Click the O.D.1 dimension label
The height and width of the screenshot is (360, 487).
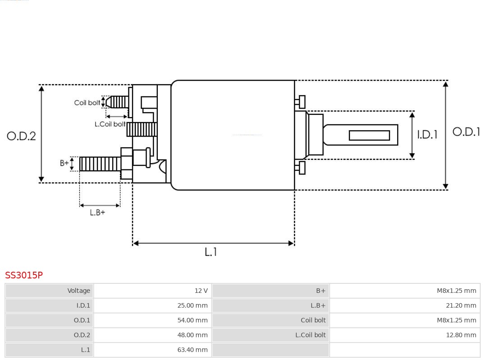tap(466, 132)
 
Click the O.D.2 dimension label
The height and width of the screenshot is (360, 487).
tap(21, 136)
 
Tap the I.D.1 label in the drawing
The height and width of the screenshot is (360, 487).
tap(427, 134)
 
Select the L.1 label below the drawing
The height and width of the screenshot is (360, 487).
tap(211, 252)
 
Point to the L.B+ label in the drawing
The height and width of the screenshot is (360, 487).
tap(97, 212)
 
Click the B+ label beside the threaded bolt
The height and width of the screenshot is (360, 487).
tap(64, 163)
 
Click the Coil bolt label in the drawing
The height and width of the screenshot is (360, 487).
tap(87, 103)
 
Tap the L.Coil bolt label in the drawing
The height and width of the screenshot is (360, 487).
tap(110, 124)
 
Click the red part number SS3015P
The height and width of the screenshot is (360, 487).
tap(24, 275)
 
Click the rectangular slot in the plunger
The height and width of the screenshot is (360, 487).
tap(369, 135)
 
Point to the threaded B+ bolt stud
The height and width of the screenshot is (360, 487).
tap(100, 164)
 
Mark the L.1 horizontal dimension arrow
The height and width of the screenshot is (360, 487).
tap(213, 243)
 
